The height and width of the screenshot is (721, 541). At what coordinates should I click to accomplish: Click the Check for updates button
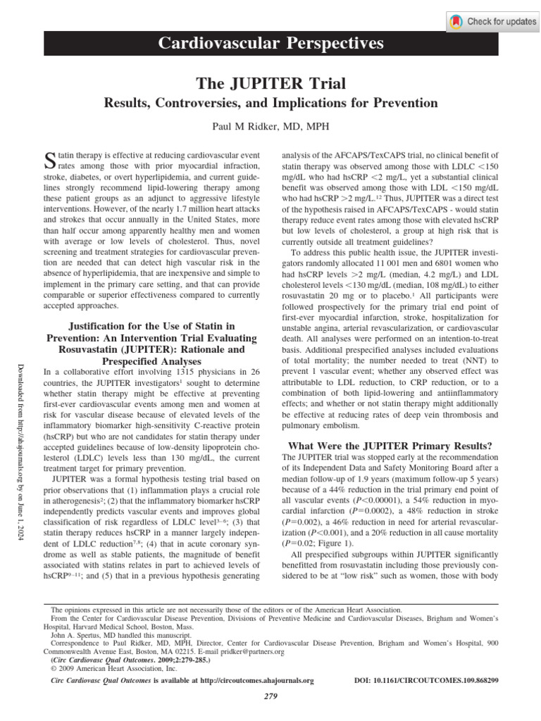(492, 21)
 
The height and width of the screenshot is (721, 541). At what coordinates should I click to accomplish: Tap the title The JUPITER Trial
(270, 84)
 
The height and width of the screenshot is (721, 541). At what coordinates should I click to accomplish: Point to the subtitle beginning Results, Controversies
(270, 104)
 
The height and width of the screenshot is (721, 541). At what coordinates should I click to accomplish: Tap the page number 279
(270, 696)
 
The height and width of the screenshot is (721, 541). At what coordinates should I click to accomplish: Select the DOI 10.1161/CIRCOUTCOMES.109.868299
(434, 681)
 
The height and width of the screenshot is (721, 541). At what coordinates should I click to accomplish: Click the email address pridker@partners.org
(251, 652)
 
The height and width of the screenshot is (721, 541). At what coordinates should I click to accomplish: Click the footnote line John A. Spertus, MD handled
(116, 634)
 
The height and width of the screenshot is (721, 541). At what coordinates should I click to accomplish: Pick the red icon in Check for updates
(458, 21)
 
